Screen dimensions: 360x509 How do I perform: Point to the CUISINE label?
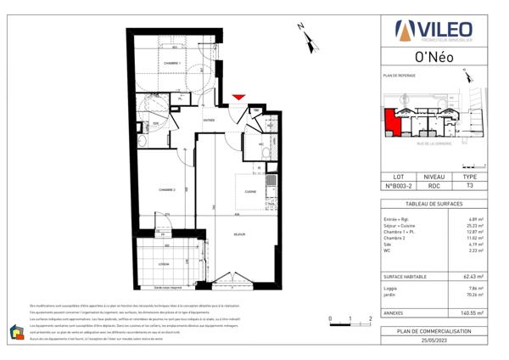[251, 192]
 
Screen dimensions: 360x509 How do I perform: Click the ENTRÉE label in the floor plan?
[209, 121]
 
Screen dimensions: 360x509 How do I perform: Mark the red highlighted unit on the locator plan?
[392, 123]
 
